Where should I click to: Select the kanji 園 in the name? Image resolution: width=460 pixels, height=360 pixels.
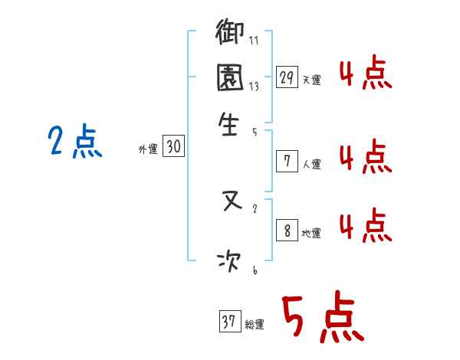[x=230, y=79]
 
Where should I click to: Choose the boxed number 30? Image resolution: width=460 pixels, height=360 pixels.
[x=173, y=148]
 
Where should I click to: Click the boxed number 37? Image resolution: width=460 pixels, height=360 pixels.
[x=229, y=322]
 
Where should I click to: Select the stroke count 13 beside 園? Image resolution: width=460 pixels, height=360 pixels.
[x=254, y=88]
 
